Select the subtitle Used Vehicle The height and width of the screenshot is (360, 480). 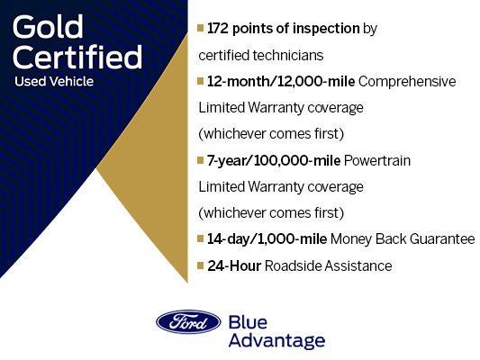click(x=54, y=82)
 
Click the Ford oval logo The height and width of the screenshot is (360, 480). click(x=187, y=322)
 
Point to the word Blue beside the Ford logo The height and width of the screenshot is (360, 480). click(x=249, y=322)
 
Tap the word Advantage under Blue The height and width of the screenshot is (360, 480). click(x=276, y=341)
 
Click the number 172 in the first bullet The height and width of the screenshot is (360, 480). click(x=221, y=29)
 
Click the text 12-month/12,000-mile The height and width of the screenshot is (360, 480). click(x=281, y=82)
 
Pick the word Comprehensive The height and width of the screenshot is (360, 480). click(x=408, y=82)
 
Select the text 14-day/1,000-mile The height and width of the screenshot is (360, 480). click(x=267, y=239)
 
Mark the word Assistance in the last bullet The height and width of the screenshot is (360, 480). click(x=360, y=265)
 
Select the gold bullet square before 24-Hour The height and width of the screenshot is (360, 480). click(x=201, y=266)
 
